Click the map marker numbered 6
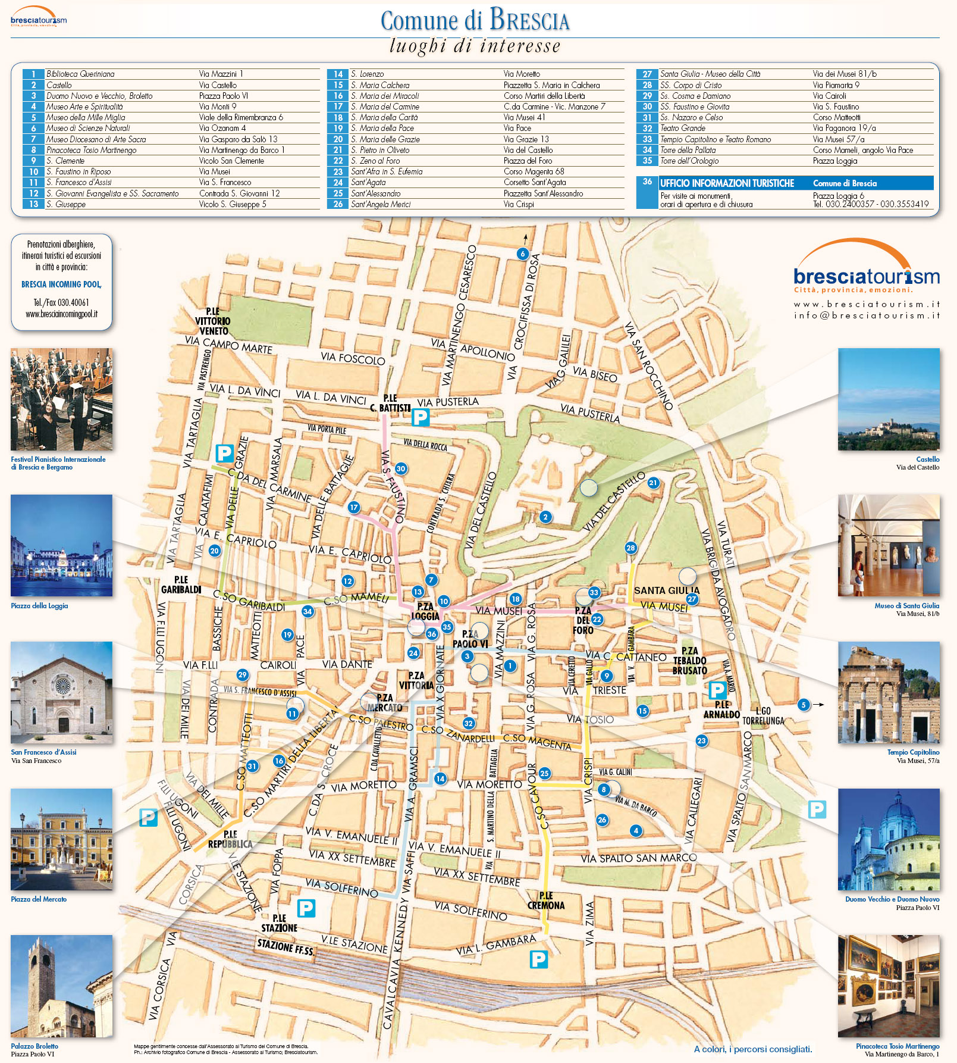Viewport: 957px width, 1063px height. click(x=522, y=254)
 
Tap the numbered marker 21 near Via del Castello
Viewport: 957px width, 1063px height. click(x=653, y=483)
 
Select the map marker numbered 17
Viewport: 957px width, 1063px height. click(x=354, y=508)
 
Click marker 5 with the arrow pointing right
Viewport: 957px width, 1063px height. click(x=804, y=705)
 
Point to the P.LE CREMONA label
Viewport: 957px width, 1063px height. click(x=545, y=901)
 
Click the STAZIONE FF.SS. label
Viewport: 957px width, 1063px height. click(x=285, y=947)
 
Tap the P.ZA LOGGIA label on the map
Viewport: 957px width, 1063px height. click(x=425, y=611)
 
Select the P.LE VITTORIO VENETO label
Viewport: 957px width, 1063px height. click(x=212, y=321)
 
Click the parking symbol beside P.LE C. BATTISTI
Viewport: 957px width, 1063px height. click(x=421, y=417)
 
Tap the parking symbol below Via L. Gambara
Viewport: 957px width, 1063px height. click(x=538, y=959)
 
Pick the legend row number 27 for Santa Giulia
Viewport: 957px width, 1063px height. click(x=647, y=74)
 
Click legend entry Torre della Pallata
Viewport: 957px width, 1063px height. click(x=688, y=150)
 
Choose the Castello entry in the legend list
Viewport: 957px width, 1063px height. click(x=59, y=85)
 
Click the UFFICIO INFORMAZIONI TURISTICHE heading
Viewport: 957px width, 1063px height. click(x=727, y=183)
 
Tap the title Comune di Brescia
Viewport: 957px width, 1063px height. click(x=475, y=21)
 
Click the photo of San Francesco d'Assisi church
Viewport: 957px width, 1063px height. click(x=61, y=692)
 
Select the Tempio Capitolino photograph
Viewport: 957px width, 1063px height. click(x=889, y=692)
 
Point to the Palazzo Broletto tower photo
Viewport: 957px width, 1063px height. click(x=61, y=987)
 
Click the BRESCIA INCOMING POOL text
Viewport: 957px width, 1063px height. click(x=61, y=284)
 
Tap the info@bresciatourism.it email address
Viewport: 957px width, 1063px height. click(x=867, y=315)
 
